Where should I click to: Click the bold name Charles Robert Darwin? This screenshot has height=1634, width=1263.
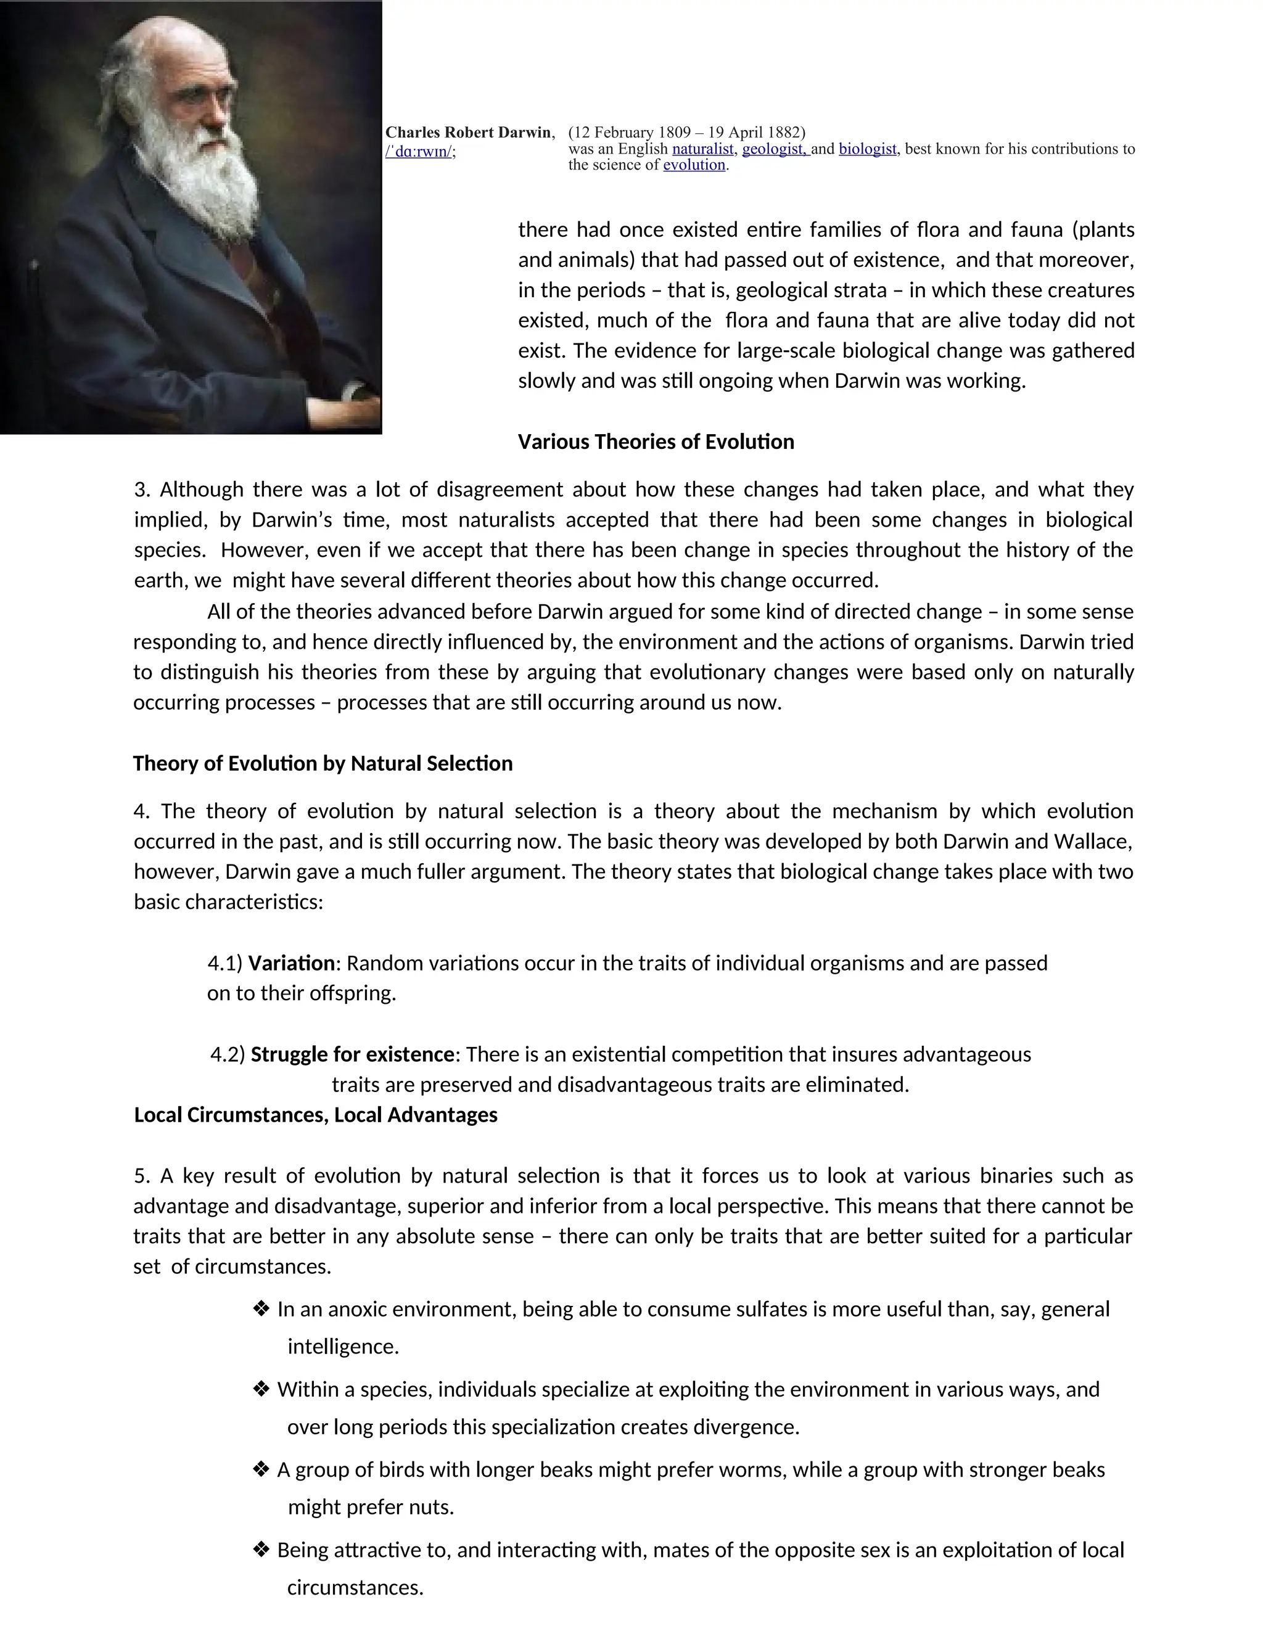(x=469, y=133)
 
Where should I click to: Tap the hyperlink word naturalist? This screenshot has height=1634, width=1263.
(x=702, y=149)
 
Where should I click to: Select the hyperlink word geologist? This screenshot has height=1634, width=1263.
(x=774, y=149)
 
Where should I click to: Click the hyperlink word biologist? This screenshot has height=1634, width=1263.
(x=867, y=149)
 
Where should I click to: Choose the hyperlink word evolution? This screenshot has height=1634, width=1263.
(x=694, y=165)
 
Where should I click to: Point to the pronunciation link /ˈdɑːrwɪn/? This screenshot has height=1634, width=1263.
(x=418, y=152)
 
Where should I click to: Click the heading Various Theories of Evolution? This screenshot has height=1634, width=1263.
(x=656, y=442)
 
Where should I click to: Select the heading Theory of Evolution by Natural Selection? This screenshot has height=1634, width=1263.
(x=323, y=764)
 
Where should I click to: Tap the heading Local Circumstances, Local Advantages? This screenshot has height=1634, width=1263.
(x=315, y=1115)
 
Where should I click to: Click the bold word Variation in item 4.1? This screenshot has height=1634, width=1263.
(x=291, y=963)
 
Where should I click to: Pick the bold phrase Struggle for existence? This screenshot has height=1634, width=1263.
(x=352, y=1055)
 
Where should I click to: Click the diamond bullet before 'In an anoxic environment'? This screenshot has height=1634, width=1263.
(x=261, y=1308)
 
